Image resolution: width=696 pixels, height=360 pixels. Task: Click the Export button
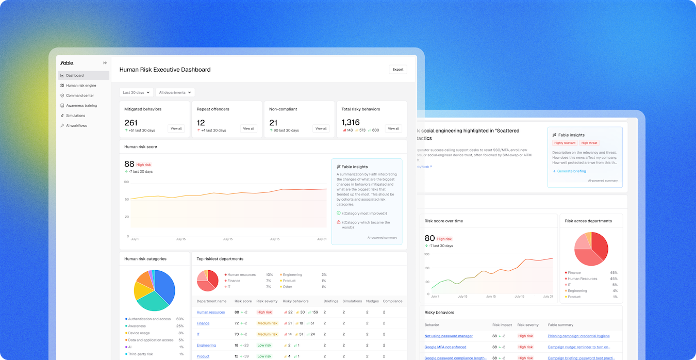tap(397, 70)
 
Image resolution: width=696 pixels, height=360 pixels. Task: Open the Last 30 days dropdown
tap(136, 92)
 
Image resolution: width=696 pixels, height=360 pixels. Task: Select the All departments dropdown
tap(175, 92)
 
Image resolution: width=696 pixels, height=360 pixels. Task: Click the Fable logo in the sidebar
tap(67, 63)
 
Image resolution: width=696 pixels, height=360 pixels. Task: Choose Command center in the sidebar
tap(80, 95)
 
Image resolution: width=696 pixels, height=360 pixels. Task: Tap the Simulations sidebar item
tap(75, 116)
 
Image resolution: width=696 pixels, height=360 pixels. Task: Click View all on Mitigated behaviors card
tap(176, 128)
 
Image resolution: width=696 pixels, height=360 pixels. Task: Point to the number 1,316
tap(351, 122)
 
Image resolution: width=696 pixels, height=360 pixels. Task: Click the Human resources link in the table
tap(210, 312)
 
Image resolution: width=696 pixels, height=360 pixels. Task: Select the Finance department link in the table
tap(203, 323)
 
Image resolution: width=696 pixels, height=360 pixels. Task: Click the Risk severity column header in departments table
tap(267, 301)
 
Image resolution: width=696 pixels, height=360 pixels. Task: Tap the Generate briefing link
tap(572, 171)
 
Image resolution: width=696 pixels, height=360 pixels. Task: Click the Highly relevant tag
tap(565, 143)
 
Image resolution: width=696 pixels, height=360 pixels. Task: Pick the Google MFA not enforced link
tap(445, 347)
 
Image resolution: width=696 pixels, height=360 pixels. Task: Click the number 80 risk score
tap(429, 238)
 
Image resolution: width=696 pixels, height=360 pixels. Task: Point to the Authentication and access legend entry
tap(149, 319)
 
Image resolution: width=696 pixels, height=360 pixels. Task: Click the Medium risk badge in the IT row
tap(267, 334)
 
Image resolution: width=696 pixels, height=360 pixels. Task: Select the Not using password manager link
tap(448, 336)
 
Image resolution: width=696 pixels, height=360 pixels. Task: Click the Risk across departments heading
tap(588, 221)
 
